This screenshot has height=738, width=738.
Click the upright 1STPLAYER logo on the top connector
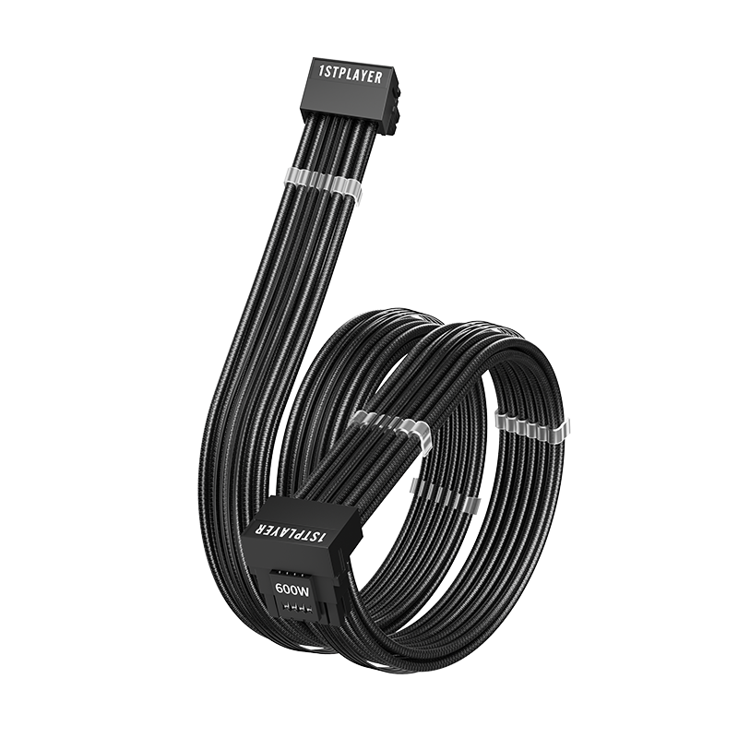point(343,74)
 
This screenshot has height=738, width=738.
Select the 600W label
point(290,588)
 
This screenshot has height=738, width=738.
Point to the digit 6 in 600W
point(279,588)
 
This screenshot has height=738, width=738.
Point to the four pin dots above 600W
point(289,572)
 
